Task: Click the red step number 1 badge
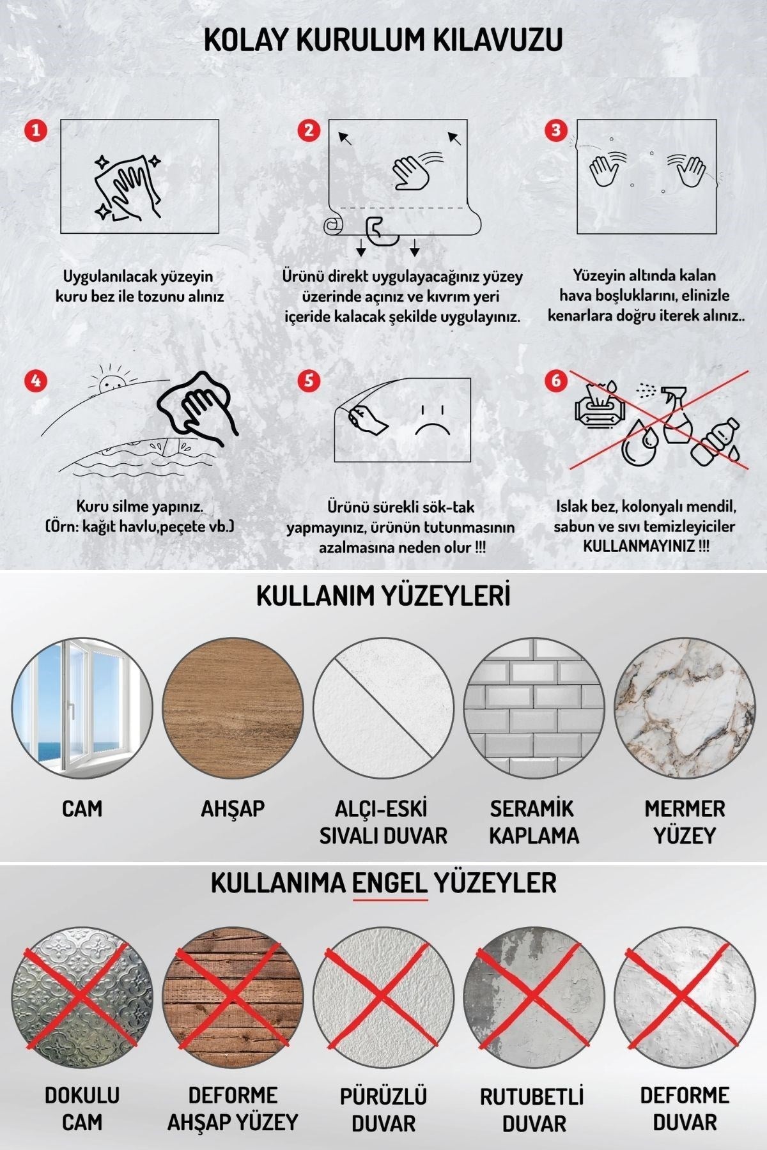pos(36,130)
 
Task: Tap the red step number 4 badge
pos(36,380)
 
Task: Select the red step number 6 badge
pos(555,380)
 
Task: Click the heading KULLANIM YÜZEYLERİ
pos(383,596)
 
